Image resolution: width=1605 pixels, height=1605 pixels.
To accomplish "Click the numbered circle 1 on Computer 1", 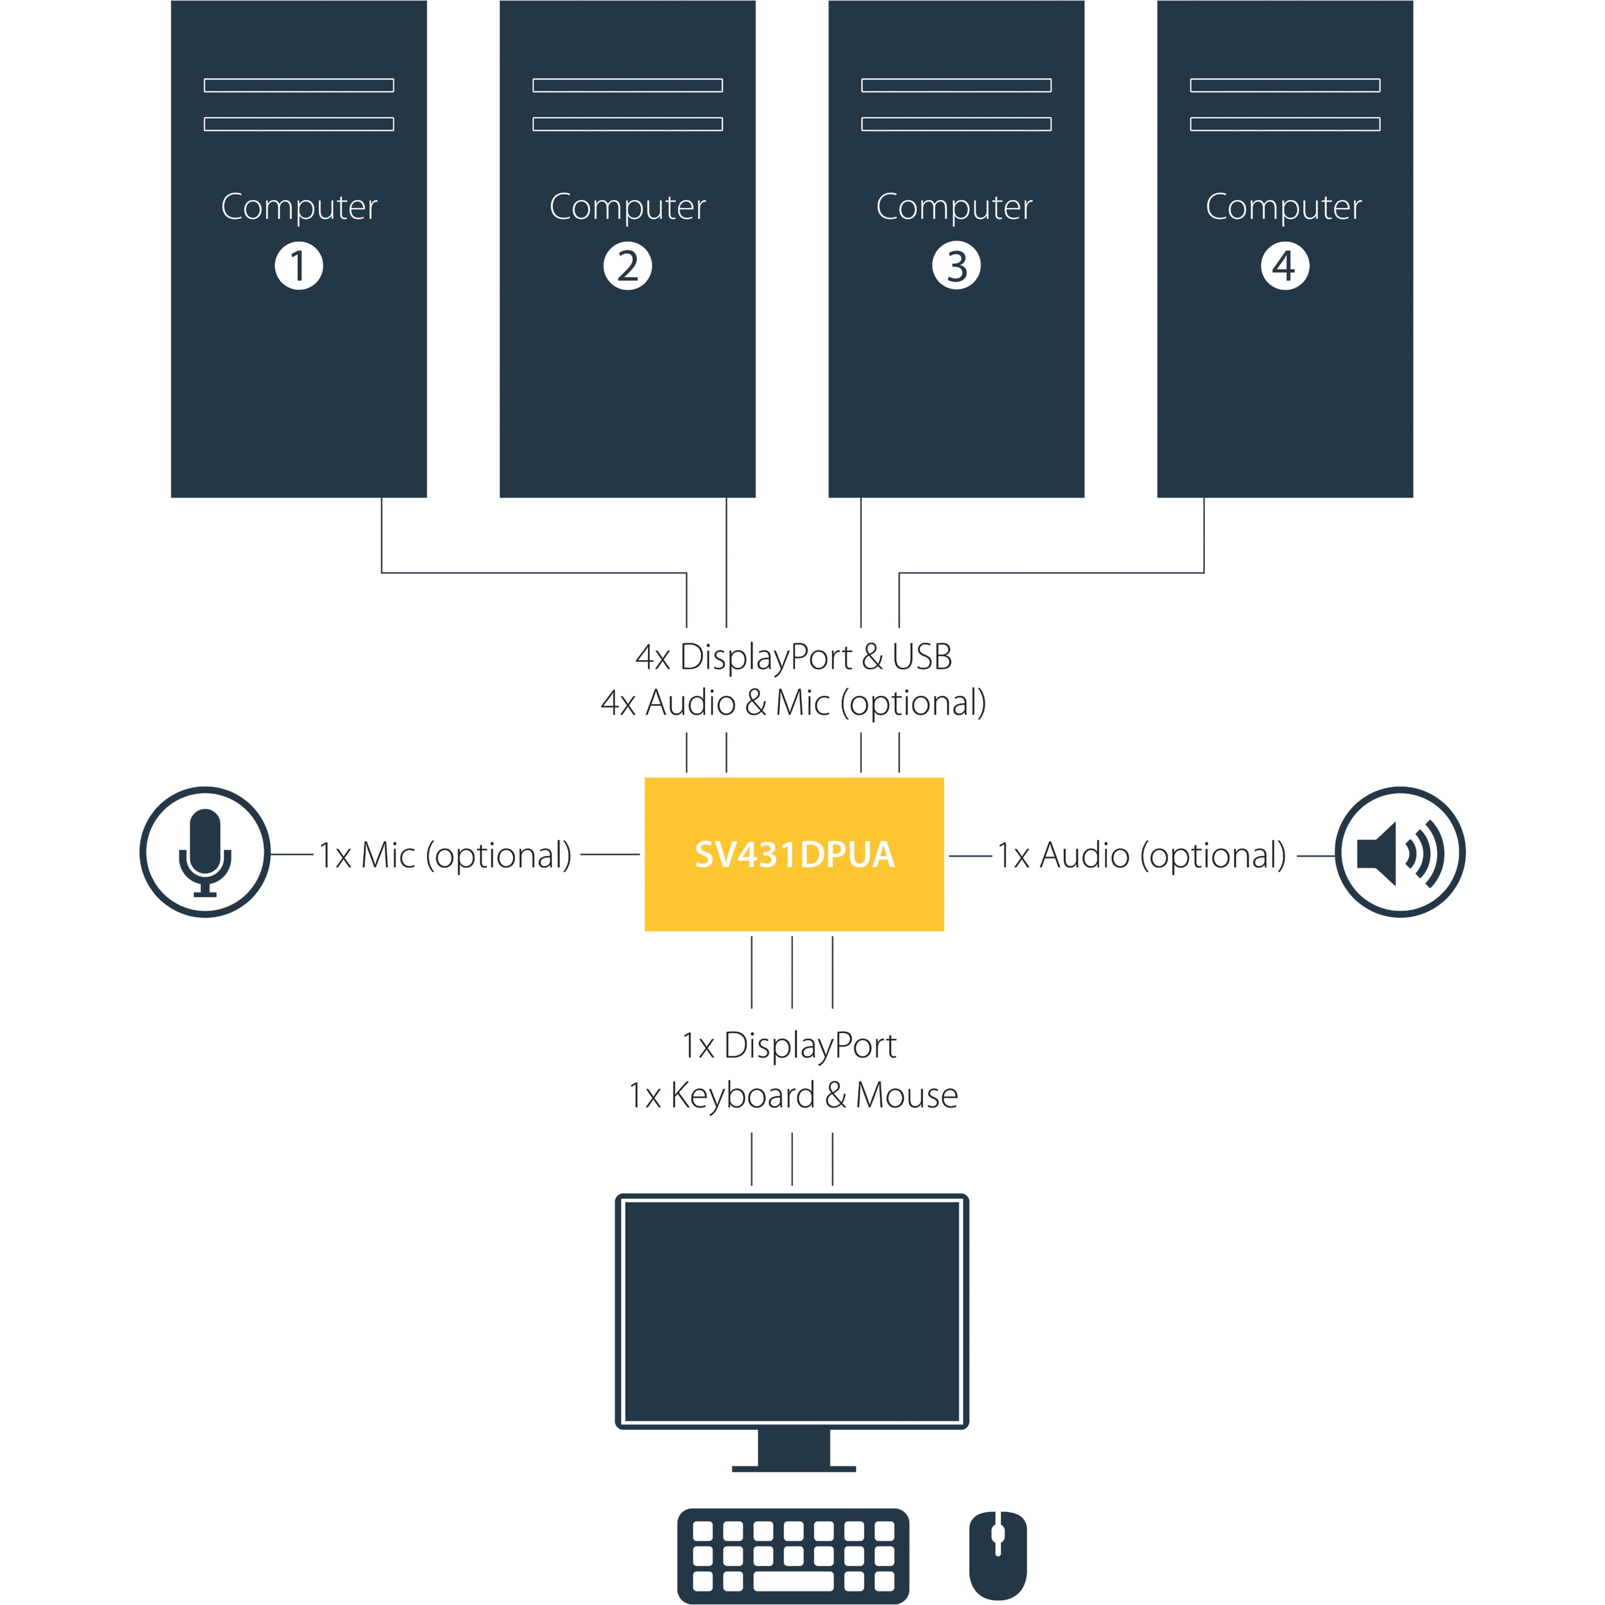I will coord(298,266).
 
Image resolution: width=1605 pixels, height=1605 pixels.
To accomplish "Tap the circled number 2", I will coord(627,266).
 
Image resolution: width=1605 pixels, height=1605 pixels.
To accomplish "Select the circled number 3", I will coord(956,266).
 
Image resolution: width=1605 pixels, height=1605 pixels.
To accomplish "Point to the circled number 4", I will coord(1284,266).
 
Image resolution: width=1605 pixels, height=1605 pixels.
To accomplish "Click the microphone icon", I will coord(205,852).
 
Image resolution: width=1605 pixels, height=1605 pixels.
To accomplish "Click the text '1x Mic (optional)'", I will coord(446,856).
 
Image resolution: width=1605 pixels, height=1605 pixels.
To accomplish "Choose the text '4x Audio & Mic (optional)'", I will coord(793,703).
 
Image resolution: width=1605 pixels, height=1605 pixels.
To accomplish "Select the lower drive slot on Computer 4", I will coord(1284,125).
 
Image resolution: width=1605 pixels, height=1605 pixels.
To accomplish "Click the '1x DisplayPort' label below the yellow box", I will coord(789,1046).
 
